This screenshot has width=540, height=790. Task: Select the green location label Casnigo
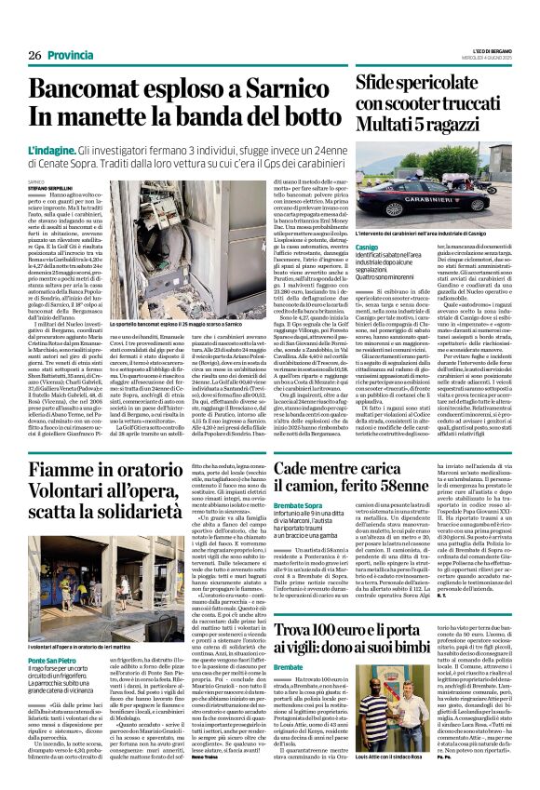coord(368,246)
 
